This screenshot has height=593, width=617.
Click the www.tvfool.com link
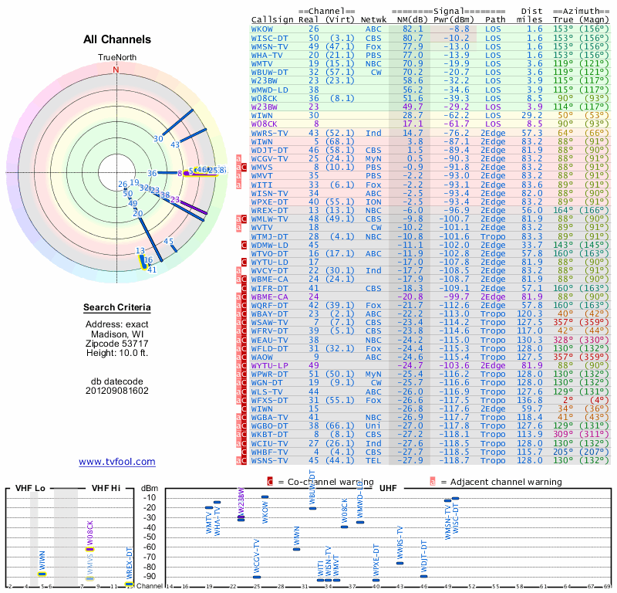[116, 462]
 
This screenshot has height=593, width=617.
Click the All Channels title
[116, 39]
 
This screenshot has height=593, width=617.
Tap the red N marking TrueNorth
[116, 69]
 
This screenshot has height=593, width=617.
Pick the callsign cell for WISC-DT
[269, 37]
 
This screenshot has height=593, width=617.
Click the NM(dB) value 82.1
[412, 29]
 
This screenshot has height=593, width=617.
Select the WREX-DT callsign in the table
[269, 210]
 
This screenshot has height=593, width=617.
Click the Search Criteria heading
[116, 308]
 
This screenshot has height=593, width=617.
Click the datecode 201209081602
[116, 390]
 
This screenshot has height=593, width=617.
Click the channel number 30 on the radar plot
[158, 138]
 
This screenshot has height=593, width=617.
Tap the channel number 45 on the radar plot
[169, 241]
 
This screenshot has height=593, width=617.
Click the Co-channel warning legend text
[315, 482]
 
